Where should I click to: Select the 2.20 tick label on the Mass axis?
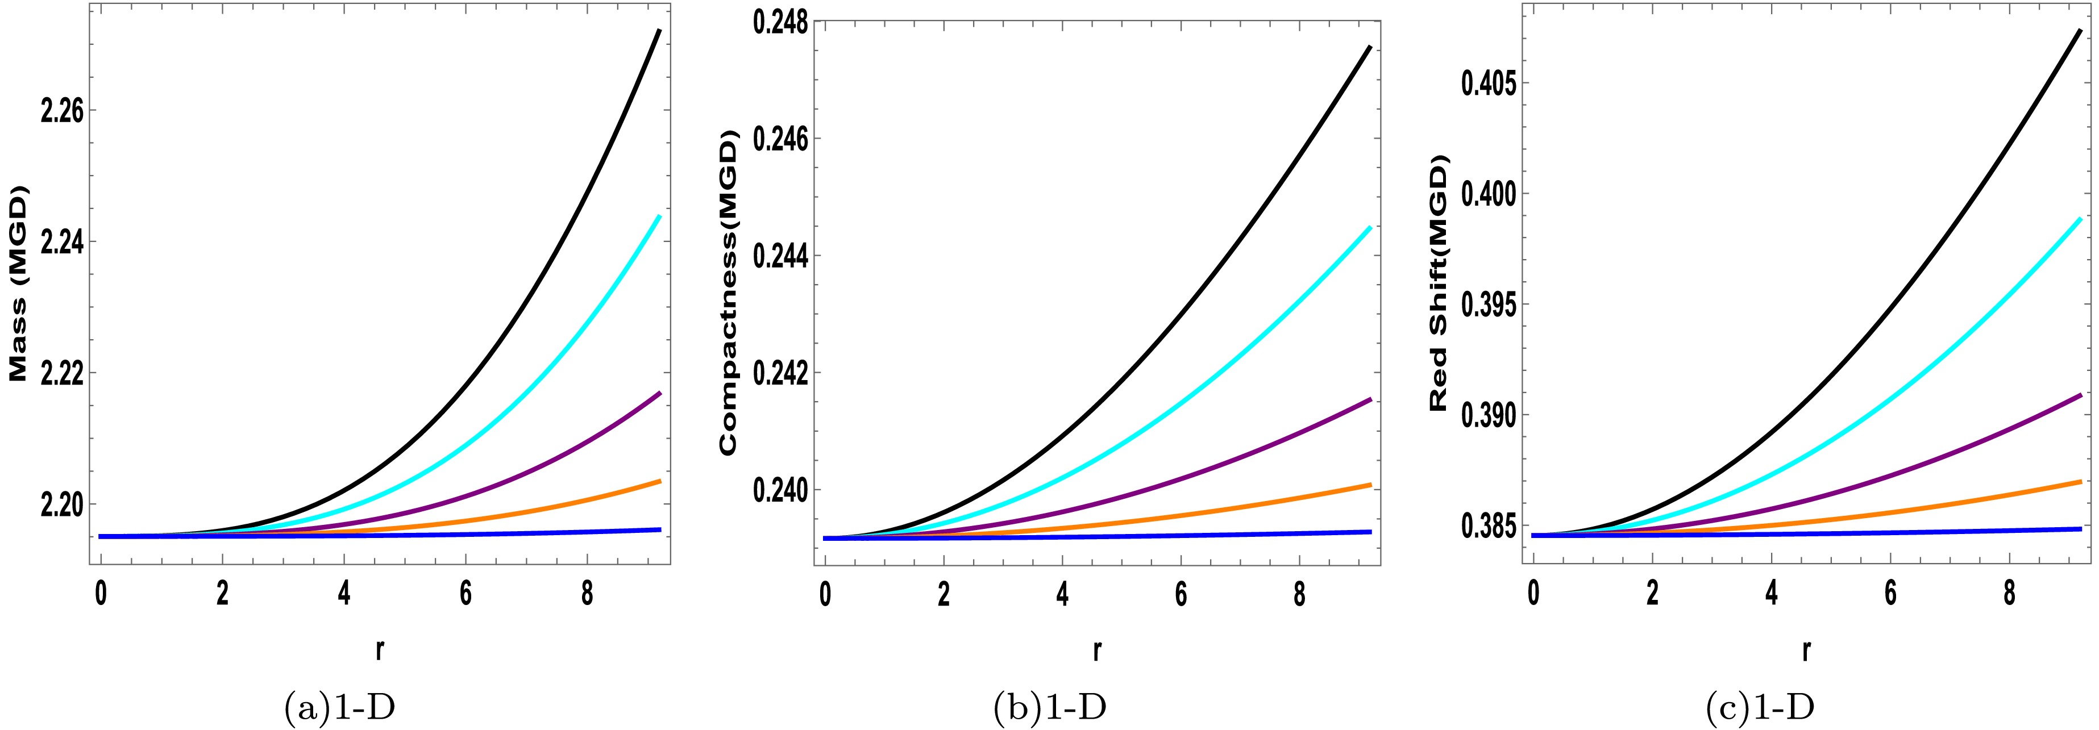click(61, 506)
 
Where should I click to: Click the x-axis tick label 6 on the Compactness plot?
click(1181, 595)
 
